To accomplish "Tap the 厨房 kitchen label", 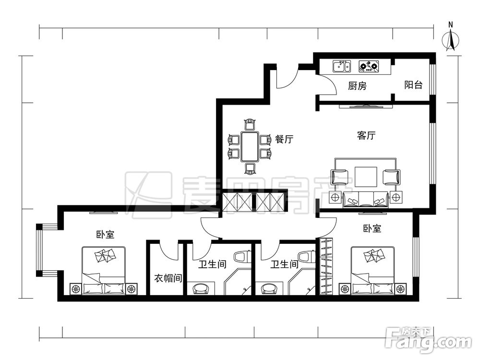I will point(357,86).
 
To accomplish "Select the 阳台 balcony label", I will point(413,85).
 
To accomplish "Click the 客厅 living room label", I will point(366,136).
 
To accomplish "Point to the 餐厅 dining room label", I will point(284,140).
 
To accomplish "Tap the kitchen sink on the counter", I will point(341,66).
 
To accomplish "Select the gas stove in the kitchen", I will point(369,66).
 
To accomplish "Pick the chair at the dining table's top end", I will point(249,125).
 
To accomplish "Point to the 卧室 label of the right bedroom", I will point(372,229).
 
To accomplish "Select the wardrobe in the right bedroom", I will point(326,267).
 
